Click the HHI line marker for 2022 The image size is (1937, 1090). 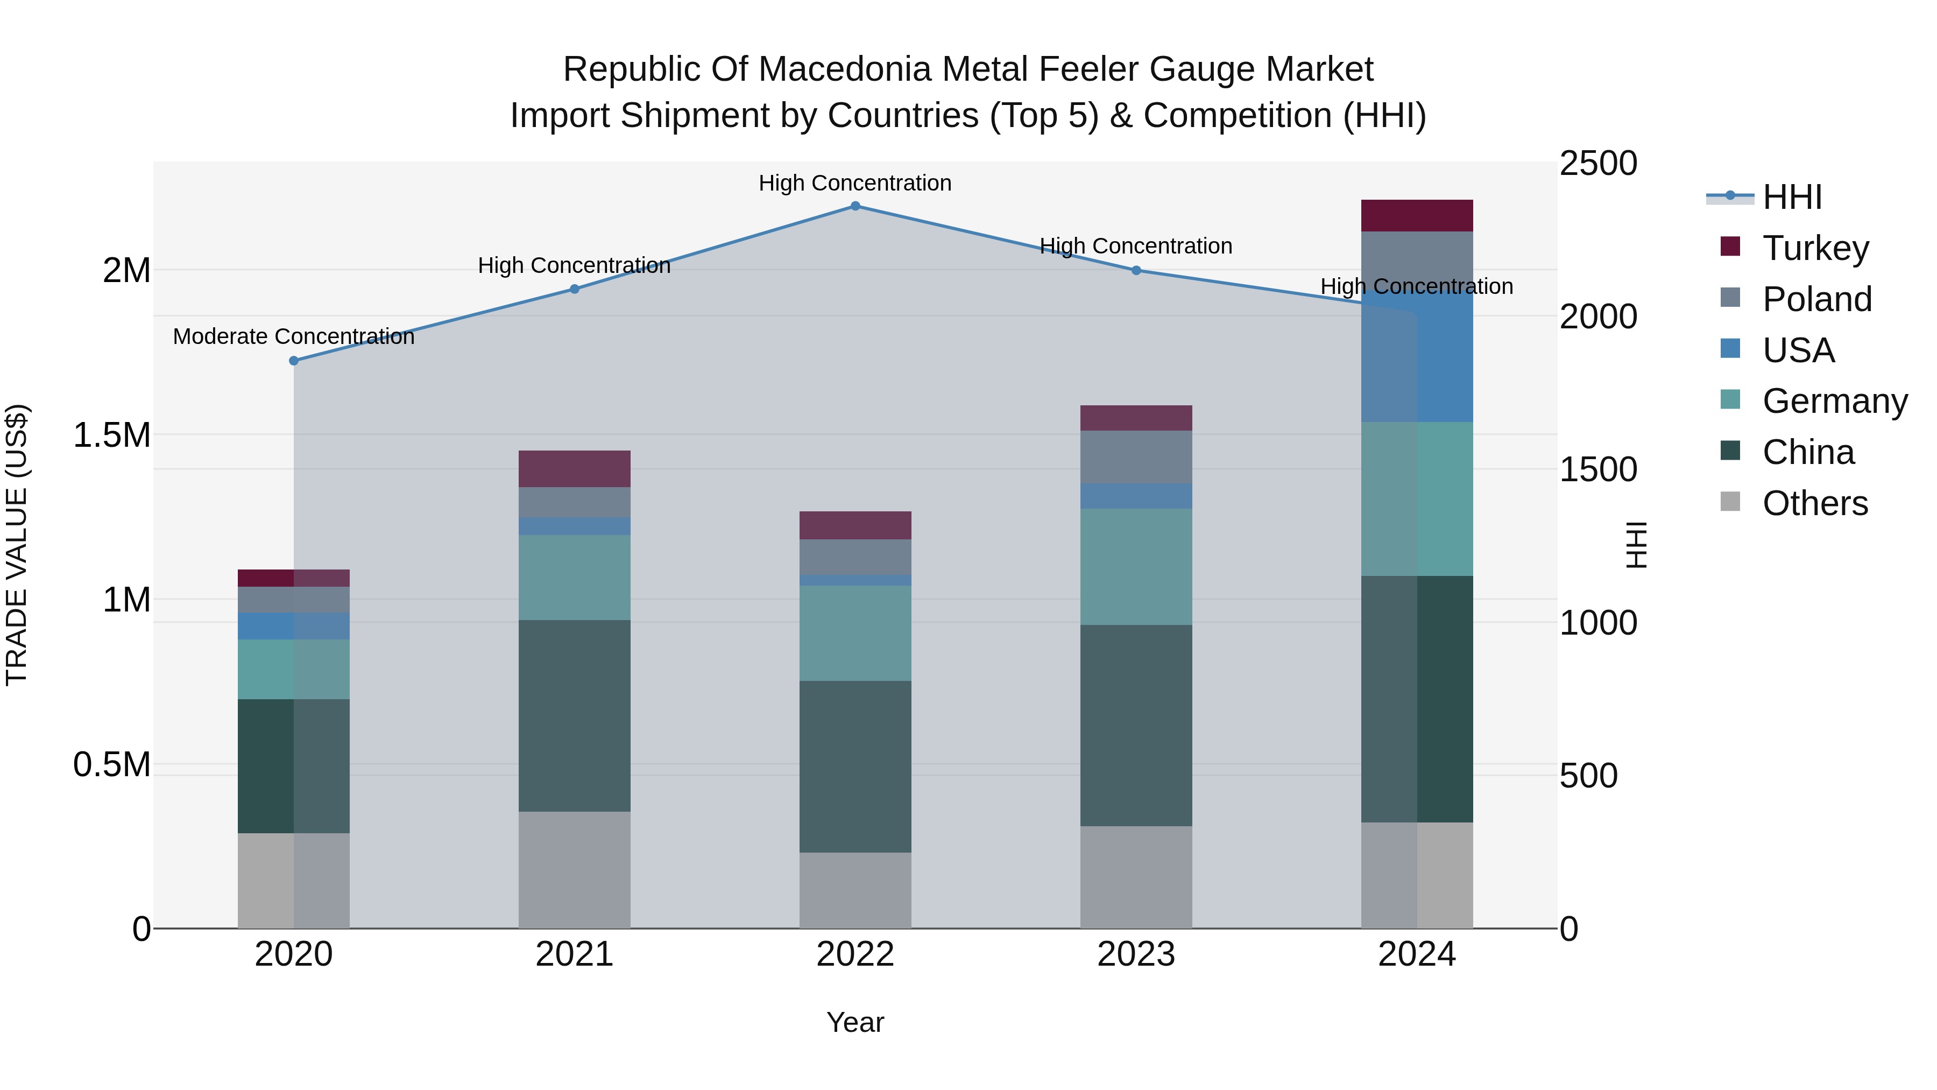pos(855,206)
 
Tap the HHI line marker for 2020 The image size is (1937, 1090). pos(294,361)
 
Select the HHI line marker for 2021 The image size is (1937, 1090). pos(575,289)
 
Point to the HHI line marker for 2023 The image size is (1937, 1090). pos(1136,271)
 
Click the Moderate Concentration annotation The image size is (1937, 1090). pos(294,336)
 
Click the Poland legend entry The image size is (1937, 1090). pos(1816,299)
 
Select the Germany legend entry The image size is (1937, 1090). pos(1835,401)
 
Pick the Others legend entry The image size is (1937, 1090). pos(1814,503)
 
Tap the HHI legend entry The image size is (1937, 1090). pos(1792,197)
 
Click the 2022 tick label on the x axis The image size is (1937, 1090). pos(855,954)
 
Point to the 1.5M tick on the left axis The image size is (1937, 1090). pos(112,435)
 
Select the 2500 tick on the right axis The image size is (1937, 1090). pos(1598,164)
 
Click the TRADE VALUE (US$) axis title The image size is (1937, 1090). pos(17,545)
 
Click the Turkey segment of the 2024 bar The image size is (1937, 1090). pos(1417,216)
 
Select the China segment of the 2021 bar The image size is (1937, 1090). pos(575,715)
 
